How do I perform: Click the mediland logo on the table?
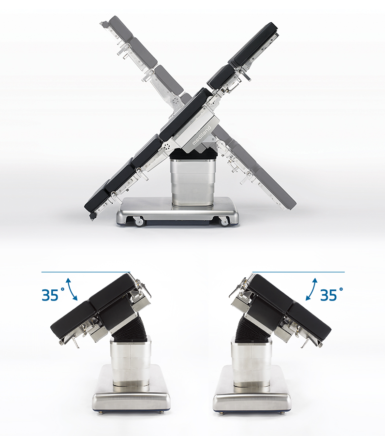pos(202,135)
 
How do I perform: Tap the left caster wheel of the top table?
pos(139,222)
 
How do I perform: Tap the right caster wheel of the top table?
pos(224,222)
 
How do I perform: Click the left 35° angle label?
pos(53,295)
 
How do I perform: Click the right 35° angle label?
pos(332,295)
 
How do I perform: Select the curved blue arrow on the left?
pos(71,288)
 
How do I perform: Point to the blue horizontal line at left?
pos(86,272)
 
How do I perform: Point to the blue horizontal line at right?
pos(298,272)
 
